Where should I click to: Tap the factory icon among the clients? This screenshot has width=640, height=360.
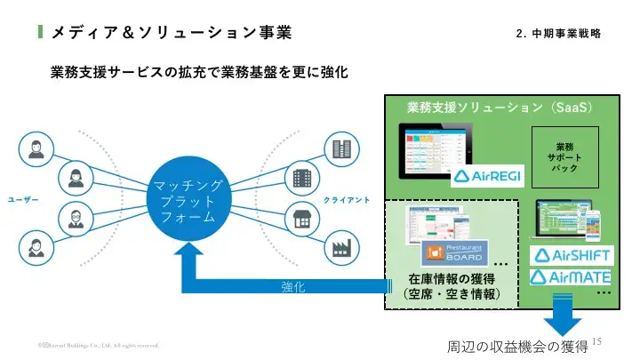340,248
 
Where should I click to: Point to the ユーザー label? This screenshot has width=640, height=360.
24,199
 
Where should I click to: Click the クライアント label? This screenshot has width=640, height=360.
346,199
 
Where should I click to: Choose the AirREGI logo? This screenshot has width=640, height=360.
488,175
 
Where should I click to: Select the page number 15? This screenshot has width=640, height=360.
596,341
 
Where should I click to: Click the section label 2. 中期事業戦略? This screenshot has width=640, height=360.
557,34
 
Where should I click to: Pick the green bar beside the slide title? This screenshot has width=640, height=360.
41,33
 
